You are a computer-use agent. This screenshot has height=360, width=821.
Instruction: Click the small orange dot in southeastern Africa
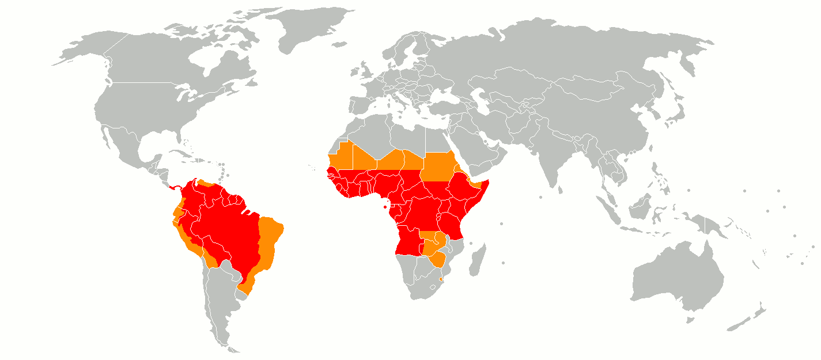coord(441,279)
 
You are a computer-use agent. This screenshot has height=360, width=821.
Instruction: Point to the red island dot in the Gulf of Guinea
coord(385,207)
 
